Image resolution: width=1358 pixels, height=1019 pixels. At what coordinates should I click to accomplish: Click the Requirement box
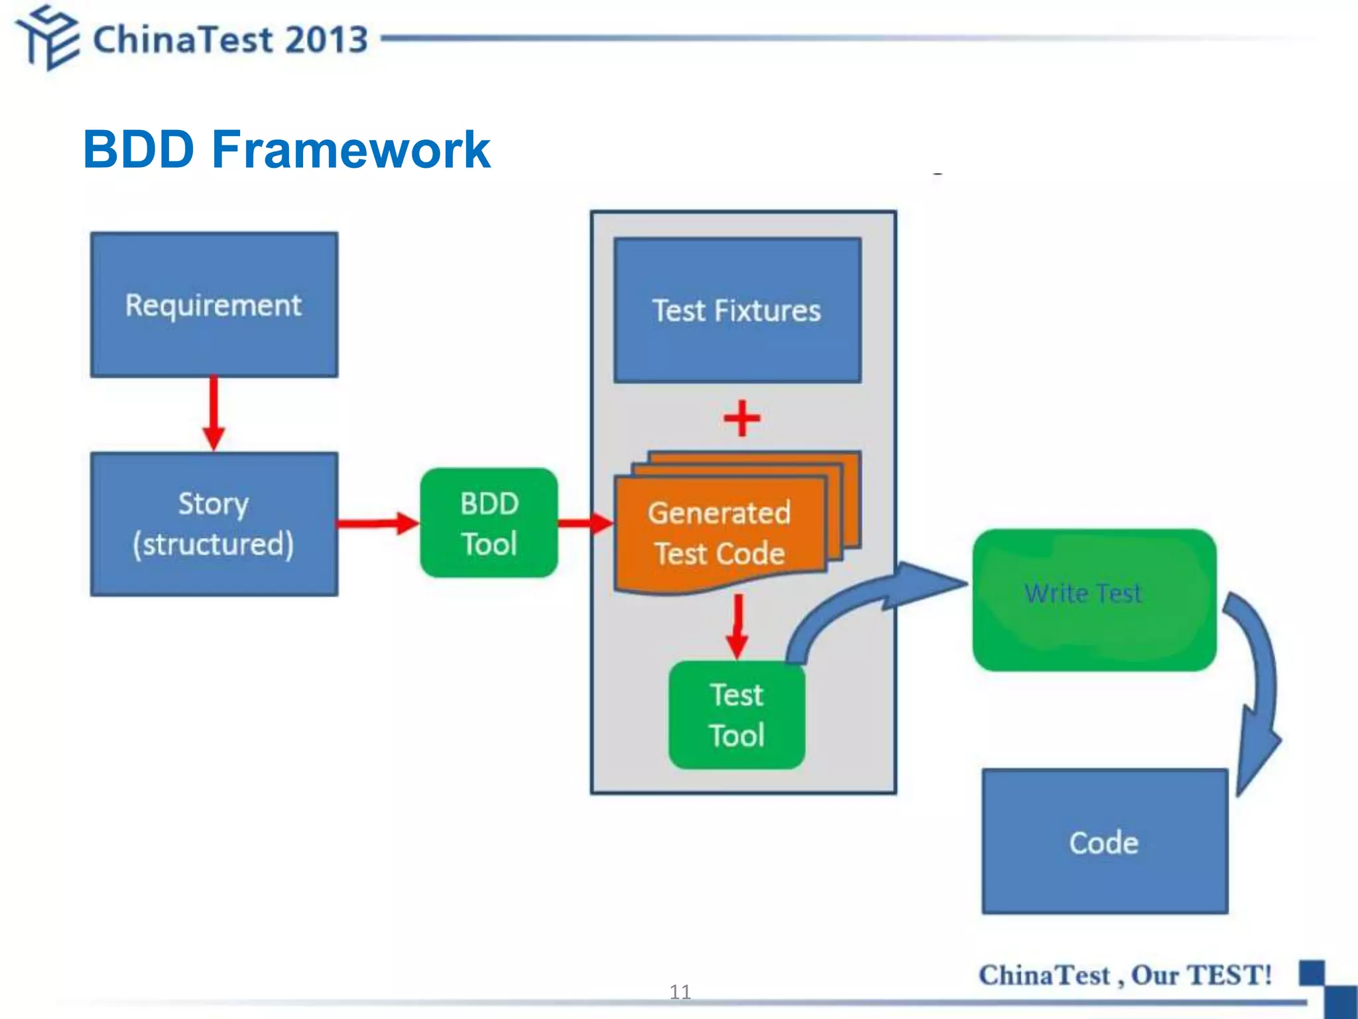click(x=214, y=305)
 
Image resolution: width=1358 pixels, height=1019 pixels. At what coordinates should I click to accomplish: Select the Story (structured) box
click(x=214, y=524)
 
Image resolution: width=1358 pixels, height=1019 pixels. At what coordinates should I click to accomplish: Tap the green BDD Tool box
click(x=489, y=523)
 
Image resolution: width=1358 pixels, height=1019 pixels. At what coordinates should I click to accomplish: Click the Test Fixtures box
click(x=737, y=310)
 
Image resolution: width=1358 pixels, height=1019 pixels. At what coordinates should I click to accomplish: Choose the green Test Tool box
click(x=737, y=715)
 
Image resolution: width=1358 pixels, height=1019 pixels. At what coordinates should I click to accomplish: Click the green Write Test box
click(x=1094, y=600)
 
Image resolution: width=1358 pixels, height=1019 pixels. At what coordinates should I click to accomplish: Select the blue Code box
click(x=1105, y=841)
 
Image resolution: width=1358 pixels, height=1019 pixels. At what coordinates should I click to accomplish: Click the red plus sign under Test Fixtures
click(x=742, y=419)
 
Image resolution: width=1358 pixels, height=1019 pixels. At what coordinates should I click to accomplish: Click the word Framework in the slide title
click(x=351, y=149)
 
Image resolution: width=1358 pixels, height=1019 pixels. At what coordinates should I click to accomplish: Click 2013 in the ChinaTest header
click(x=326, y=39)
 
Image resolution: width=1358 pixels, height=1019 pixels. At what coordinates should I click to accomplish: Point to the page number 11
click(x=680, y=992)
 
